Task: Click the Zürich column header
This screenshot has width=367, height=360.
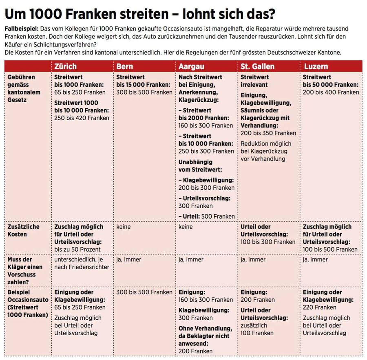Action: coord(65,66)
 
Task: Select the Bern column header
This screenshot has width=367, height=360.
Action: coord(124,66)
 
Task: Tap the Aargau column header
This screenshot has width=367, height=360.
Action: coord(191,66)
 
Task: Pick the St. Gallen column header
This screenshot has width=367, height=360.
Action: coord(257,66)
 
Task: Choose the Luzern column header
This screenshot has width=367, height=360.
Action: coord(316,66)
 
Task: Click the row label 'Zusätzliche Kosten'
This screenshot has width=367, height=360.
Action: coord(23,230)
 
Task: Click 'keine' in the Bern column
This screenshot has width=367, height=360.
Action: coord(124,227)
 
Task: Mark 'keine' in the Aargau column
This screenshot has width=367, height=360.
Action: coord(186,227)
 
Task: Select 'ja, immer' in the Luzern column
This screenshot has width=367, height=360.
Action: coord(315,259)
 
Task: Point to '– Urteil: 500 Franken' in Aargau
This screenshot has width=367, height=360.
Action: coord(207,216)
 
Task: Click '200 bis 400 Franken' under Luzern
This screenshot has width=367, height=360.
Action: coord(331,92)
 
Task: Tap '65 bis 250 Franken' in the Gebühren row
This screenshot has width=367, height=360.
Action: coord(80,92)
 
